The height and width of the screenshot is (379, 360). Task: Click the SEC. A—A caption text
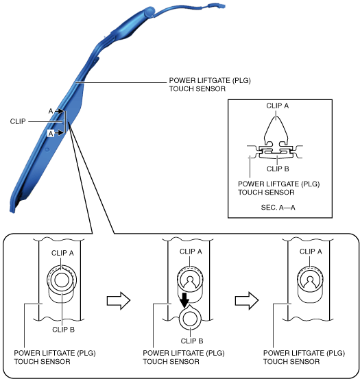pyautogui.click(x=278, y=208)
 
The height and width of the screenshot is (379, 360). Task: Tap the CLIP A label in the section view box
pyautogui.click(x=277, y=106)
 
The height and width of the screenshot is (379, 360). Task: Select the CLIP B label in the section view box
pyautogui.click(x=278, y=169)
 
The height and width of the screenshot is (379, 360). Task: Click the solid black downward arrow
pyautogui.click(x=184, y=300)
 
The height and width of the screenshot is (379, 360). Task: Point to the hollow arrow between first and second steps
pyautogui.click(x=119, y=301)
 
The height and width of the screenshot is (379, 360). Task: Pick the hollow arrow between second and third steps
pyautogui.click(x=247, y=301)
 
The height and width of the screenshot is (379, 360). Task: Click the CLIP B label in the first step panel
pyautogui.click(x=63, y=330)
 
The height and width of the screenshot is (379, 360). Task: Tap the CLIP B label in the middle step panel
pyautogui.click(x=192, y=341)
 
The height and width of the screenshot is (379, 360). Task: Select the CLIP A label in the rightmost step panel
pyautogui.click(x=311, y=252)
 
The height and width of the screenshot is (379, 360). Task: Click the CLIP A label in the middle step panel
pyautogui.click(x=191, y=252)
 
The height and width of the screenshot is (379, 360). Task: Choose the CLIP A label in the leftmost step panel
pyautogui.click(x=62, y=253)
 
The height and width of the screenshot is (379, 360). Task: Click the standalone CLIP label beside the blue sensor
pyautogui.click(x=18, y=121)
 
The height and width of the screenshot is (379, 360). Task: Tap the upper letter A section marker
pyautogui.click(x=51, y=111)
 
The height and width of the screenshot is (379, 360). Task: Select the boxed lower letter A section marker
pyautogui.click(x=51, y=133)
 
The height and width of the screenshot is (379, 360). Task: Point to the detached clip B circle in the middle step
pyautogui.click(x=190, y=319)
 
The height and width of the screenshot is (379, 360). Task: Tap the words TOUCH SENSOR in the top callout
pyautogui.click(x=197, y=88)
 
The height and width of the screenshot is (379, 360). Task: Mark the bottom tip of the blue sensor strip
pyautogui.click(x=12, y=212)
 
